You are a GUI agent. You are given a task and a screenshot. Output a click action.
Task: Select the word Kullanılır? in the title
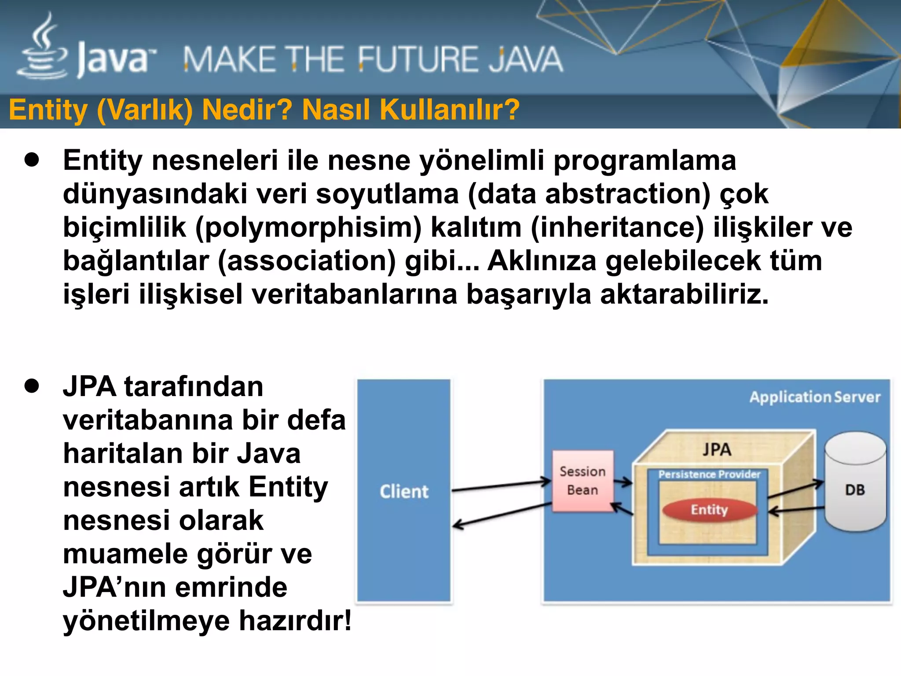pos(450,110)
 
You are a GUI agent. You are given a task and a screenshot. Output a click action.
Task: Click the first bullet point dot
pos(32,160)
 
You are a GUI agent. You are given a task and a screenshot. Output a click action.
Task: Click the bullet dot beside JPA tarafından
pos(32,386)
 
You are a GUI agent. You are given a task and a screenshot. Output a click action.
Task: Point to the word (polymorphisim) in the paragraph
pos(308,228)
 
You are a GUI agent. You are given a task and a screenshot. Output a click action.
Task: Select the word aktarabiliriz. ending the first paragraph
pos(684,294)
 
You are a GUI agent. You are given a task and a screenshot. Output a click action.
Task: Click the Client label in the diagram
pos(404,492)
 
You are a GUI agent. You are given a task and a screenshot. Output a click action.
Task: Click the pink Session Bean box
pos(582,481)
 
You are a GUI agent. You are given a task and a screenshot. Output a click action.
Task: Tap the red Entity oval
pos(709,510)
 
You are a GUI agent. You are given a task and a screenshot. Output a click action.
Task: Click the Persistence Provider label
pos(709,474)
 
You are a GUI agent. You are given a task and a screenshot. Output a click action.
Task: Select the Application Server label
pos(815,397)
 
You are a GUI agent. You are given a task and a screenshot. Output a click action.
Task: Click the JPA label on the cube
pos(717,450)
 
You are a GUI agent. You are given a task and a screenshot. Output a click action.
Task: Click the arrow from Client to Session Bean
pos(502,486)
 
